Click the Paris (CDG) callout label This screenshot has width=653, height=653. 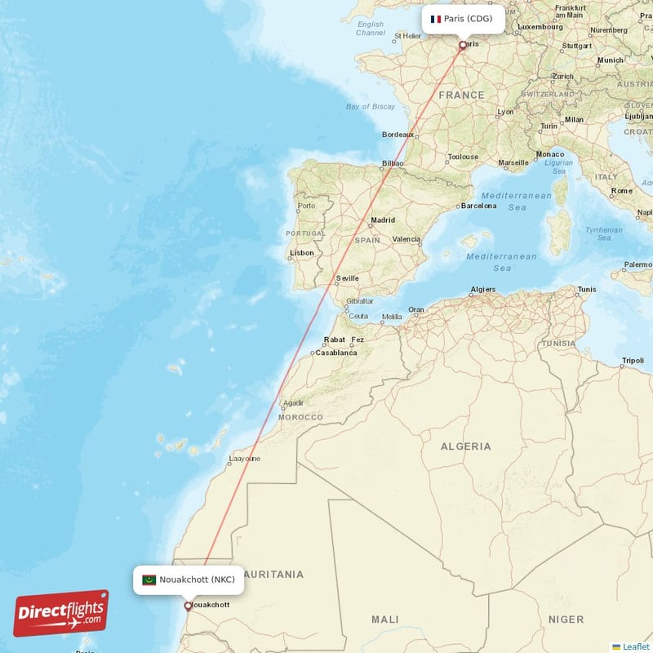[462, 19]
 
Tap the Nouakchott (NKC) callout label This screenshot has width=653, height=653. [189, 580]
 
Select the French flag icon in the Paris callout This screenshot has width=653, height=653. [436, 19]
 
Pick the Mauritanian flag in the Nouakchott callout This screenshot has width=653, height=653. [149, 580]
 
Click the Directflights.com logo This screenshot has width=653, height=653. [61, 613]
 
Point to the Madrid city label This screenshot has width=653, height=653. [383, 220]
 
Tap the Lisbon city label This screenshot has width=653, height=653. [302, 253]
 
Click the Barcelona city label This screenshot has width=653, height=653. [478, 206]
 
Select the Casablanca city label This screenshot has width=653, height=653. [336, 353]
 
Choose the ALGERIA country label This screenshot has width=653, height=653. [466, 446]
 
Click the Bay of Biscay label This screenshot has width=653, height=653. [371, 107]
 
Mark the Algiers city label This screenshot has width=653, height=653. [483, 290]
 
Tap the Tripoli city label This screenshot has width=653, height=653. [633, 360]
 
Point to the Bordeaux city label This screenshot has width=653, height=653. [398, 135]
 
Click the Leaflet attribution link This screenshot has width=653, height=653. [635, 646]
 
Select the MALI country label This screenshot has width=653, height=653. [385, 620]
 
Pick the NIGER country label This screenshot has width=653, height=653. [566, 620]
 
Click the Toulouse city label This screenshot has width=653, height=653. [463, 157]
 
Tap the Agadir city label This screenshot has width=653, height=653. [293, 403]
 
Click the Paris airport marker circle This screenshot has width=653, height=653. [463, 46]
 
